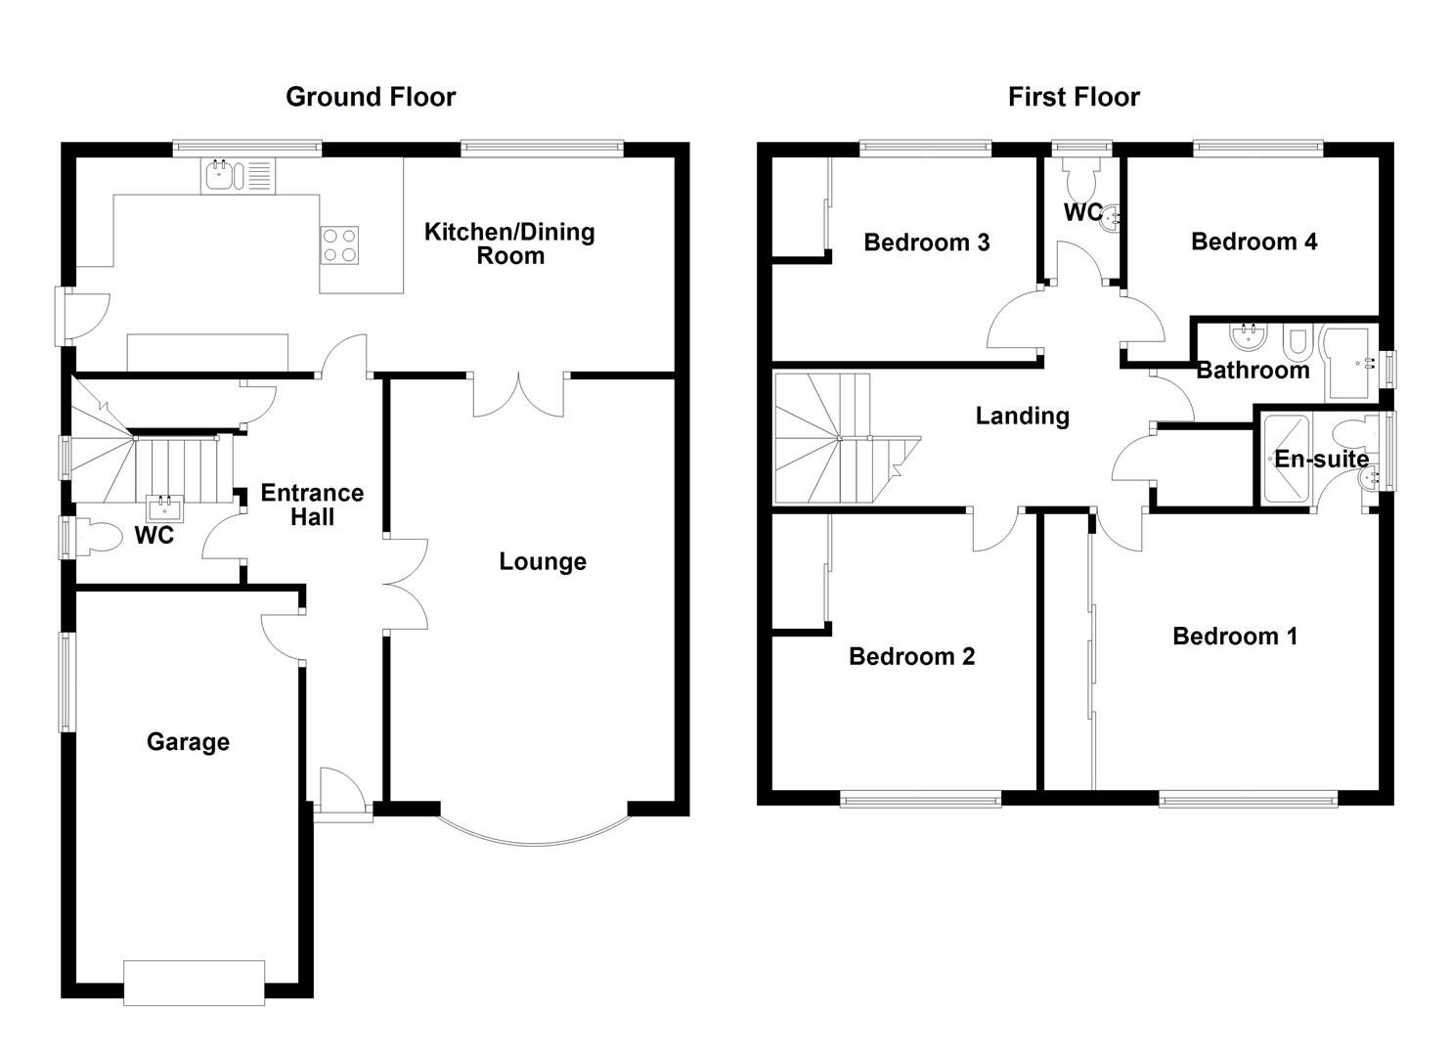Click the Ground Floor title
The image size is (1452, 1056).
[370, 97]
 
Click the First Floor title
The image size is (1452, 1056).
[1074, 97]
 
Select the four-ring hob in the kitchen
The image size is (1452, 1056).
[339, 244]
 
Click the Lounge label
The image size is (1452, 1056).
[543, 561]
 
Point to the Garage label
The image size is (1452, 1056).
[188, 742]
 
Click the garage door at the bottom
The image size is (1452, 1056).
[194, 983]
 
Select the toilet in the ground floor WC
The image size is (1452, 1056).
[98, 537]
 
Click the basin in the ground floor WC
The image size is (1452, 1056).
[164, 508]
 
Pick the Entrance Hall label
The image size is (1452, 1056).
[312, 505]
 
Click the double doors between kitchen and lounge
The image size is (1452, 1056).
[519, 396]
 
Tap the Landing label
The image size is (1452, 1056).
[1022, 417]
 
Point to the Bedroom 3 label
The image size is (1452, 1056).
[926, 242]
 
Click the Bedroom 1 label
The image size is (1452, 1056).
[1234, 637]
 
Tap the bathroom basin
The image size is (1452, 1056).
[1248, 339]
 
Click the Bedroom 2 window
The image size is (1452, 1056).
[920, 800]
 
